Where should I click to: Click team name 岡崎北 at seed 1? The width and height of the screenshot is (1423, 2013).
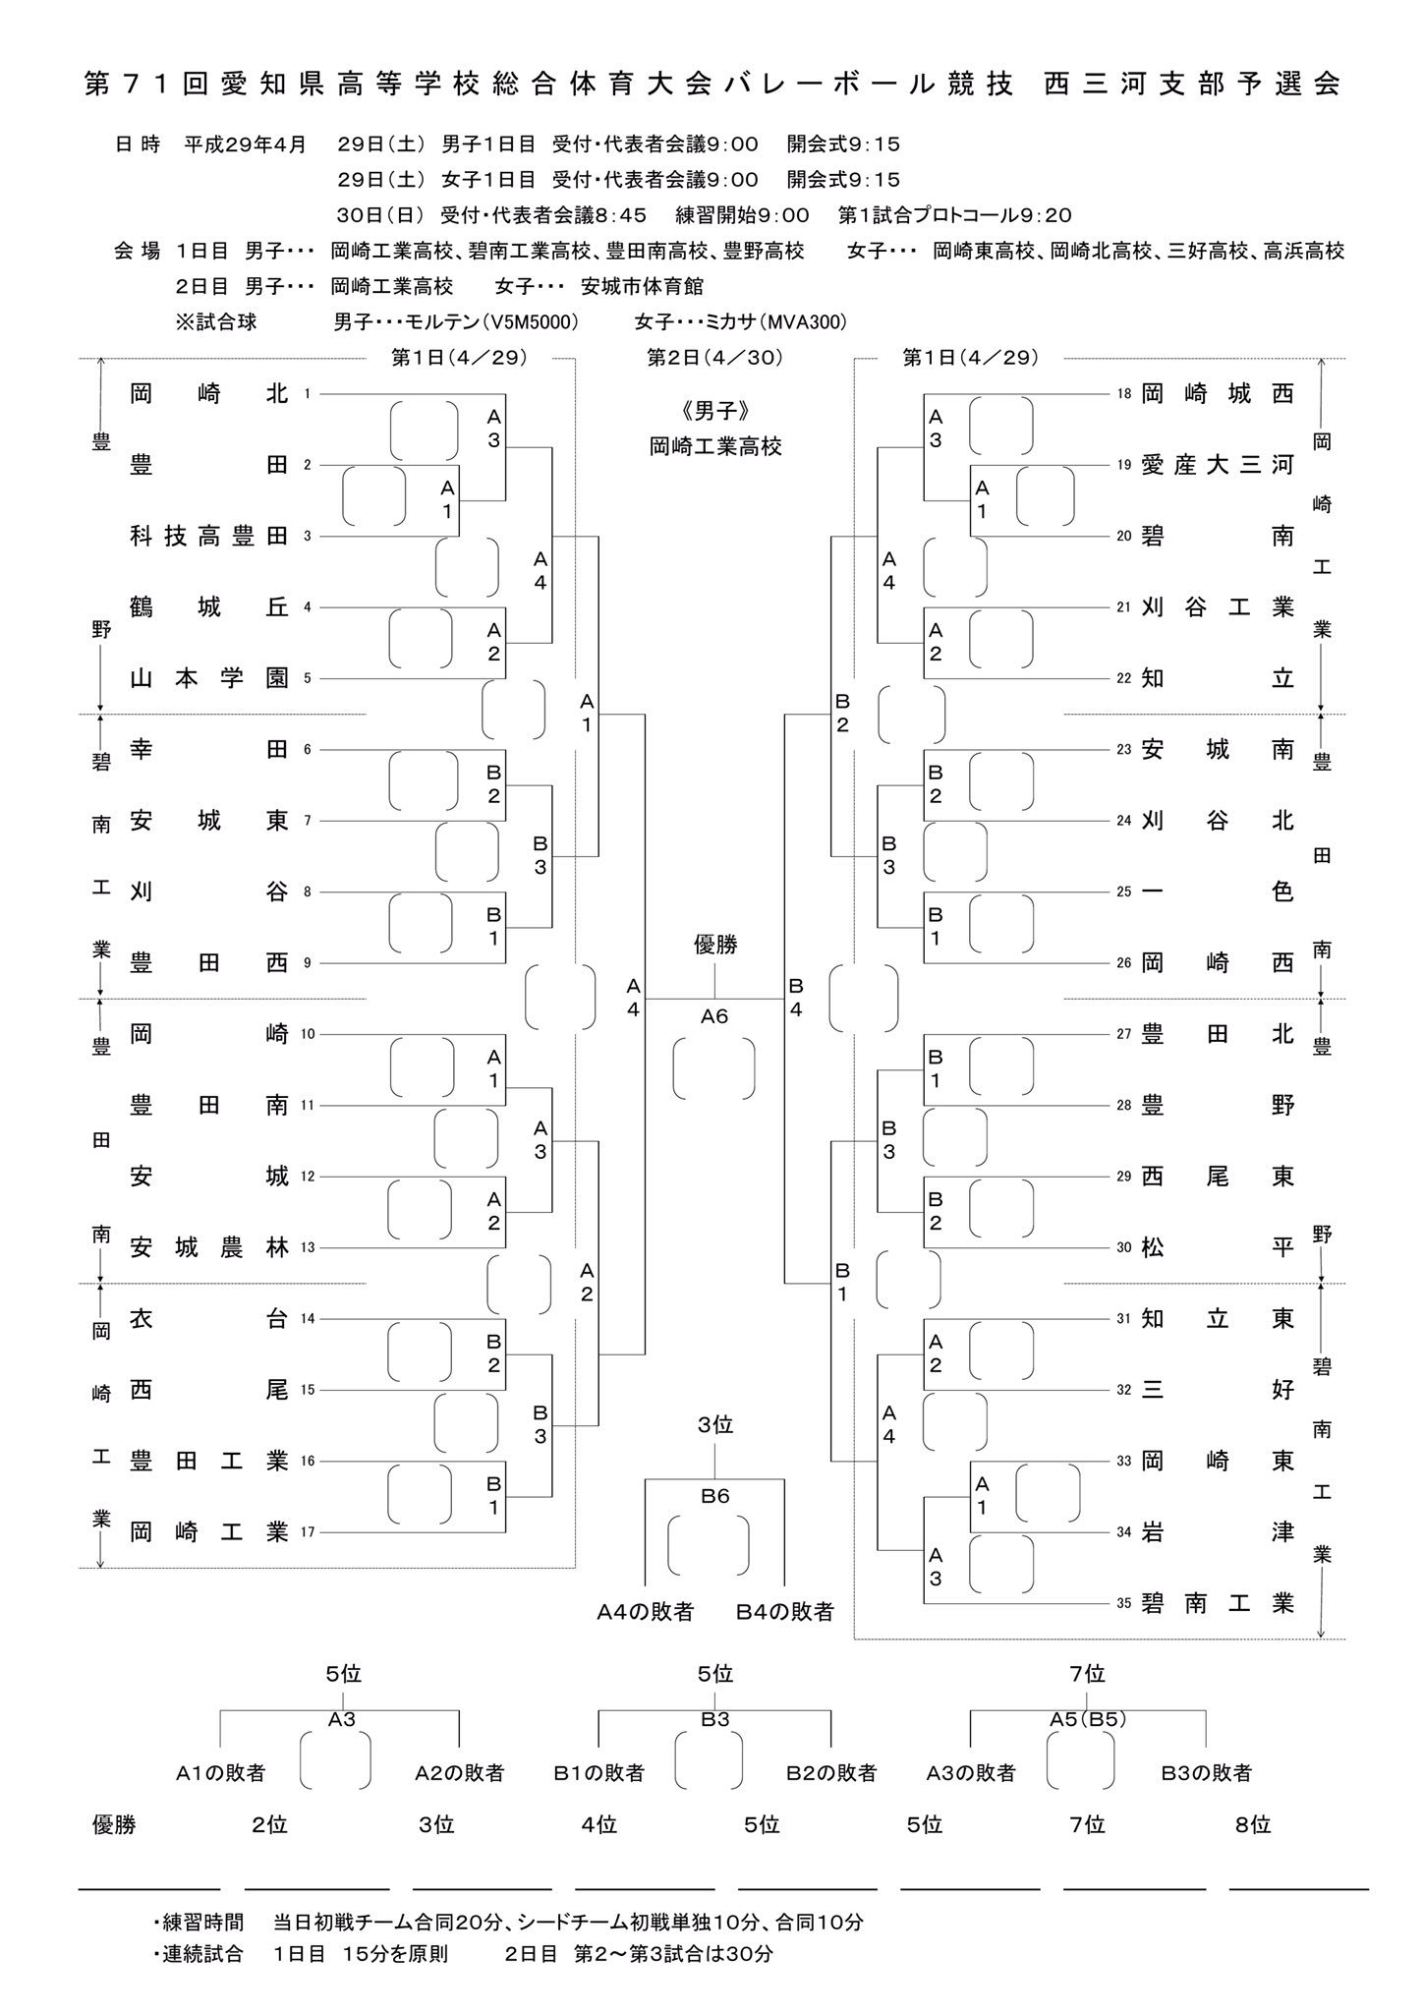tap(208, 394)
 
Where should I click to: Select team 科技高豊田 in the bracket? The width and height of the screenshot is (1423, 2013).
tap(208, 536)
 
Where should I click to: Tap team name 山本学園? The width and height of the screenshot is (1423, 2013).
tap(208, 678)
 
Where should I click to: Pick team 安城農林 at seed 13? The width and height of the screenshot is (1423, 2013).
tap(208, 1247)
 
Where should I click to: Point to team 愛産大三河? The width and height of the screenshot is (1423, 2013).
tap(1217, 465)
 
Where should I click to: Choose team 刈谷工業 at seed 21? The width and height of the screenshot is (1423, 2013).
tap(1217, 607)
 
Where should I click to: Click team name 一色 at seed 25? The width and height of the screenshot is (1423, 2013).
tap(1217, 891)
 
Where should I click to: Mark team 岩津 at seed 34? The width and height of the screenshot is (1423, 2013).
tap(1217, 1531)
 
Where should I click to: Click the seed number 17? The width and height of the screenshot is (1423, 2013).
tap(308, 1531)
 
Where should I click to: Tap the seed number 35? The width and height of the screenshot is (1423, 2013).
tap(1123, 1603)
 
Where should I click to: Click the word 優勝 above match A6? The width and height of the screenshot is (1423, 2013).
tap(714, 945)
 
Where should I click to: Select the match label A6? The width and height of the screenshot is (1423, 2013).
tap(714, 1016)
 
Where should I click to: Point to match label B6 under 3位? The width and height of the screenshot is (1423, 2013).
tap(714, 1496)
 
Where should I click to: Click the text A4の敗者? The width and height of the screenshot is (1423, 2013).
tap(646, 1612)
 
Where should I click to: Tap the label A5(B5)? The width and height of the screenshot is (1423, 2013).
tap(1087, 1719)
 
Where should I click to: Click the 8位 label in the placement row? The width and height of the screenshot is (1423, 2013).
tap(1253, 1825)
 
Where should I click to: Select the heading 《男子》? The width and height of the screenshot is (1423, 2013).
tap(714, 410)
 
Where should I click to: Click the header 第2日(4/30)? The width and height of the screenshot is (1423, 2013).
tap(714, 358)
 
